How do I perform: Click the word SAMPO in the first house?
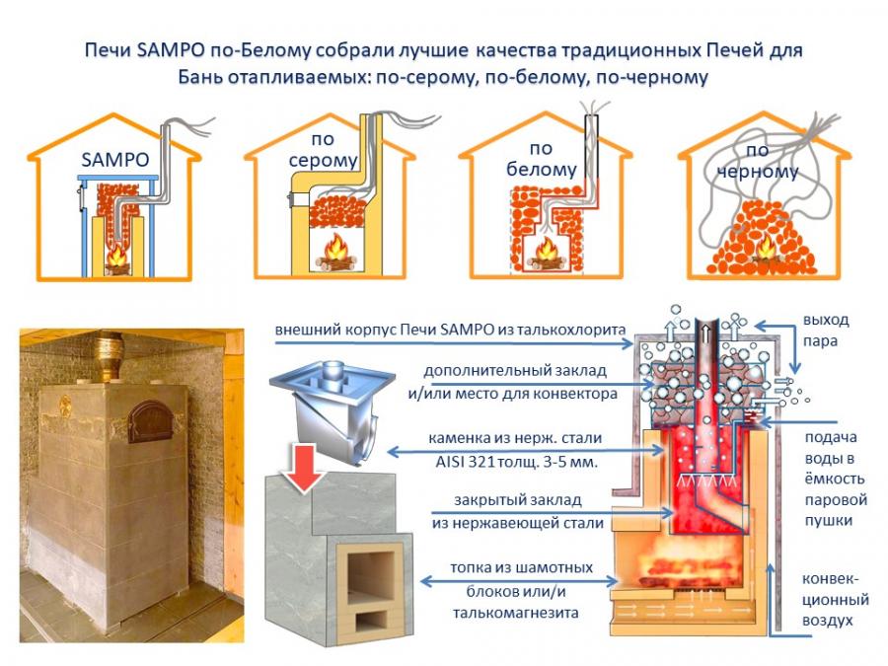116,159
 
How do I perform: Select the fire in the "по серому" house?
334,251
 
